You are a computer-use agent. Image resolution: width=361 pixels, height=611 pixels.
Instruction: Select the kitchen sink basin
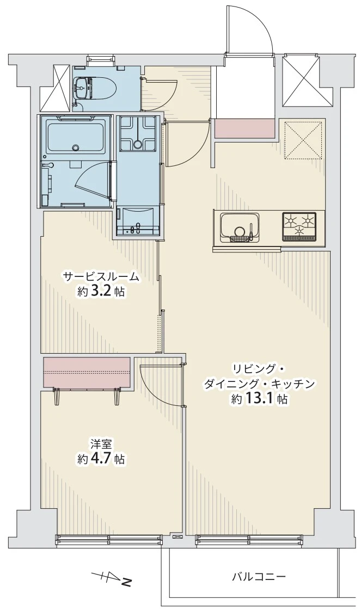click(x=238, y=226)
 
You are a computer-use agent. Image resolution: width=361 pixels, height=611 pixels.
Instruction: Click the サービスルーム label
click(x=101, y=277)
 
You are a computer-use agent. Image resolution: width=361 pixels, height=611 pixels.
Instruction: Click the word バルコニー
click(x=259, y=576)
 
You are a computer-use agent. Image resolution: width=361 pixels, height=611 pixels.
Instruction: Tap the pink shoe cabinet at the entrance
click(x=244, y=128)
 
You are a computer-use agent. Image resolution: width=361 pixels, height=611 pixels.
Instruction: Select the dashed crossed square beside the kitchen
click(x=303, y=140)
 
